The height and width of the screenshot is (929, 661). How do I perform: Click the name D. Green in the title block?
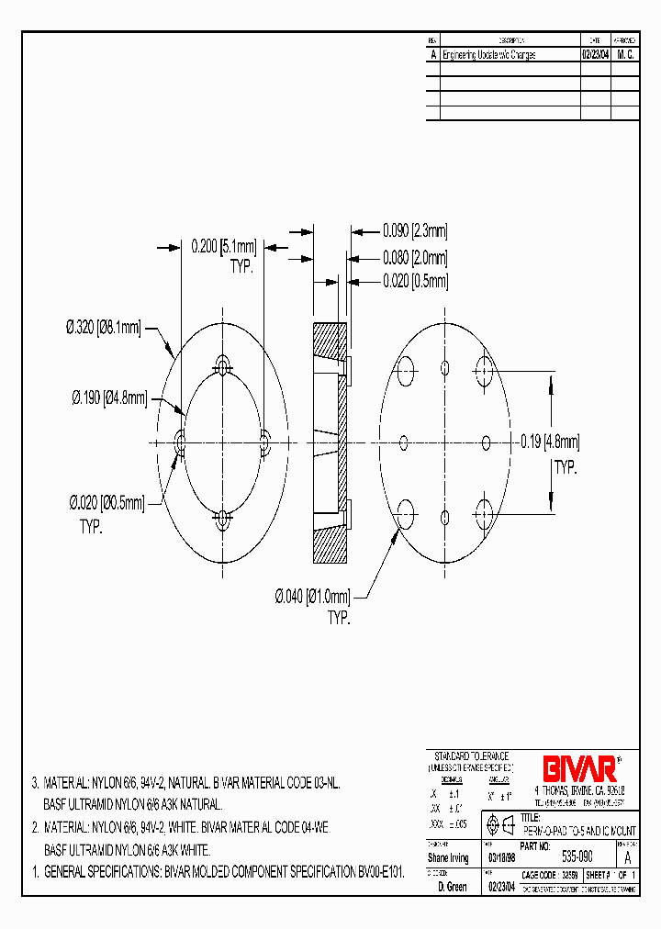pos(452,887)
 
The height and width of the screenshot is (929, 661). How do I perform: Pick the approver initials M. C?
pos(625,55)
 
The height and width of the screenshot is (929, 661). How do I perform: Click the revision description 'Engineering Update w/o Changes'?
pos(489,55)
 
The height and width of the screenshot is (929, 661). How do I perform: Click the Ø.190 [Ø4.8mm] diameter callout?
pos(108,397)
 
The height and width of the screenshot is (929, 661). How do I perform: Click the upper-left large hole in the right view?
pos(405,372)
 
